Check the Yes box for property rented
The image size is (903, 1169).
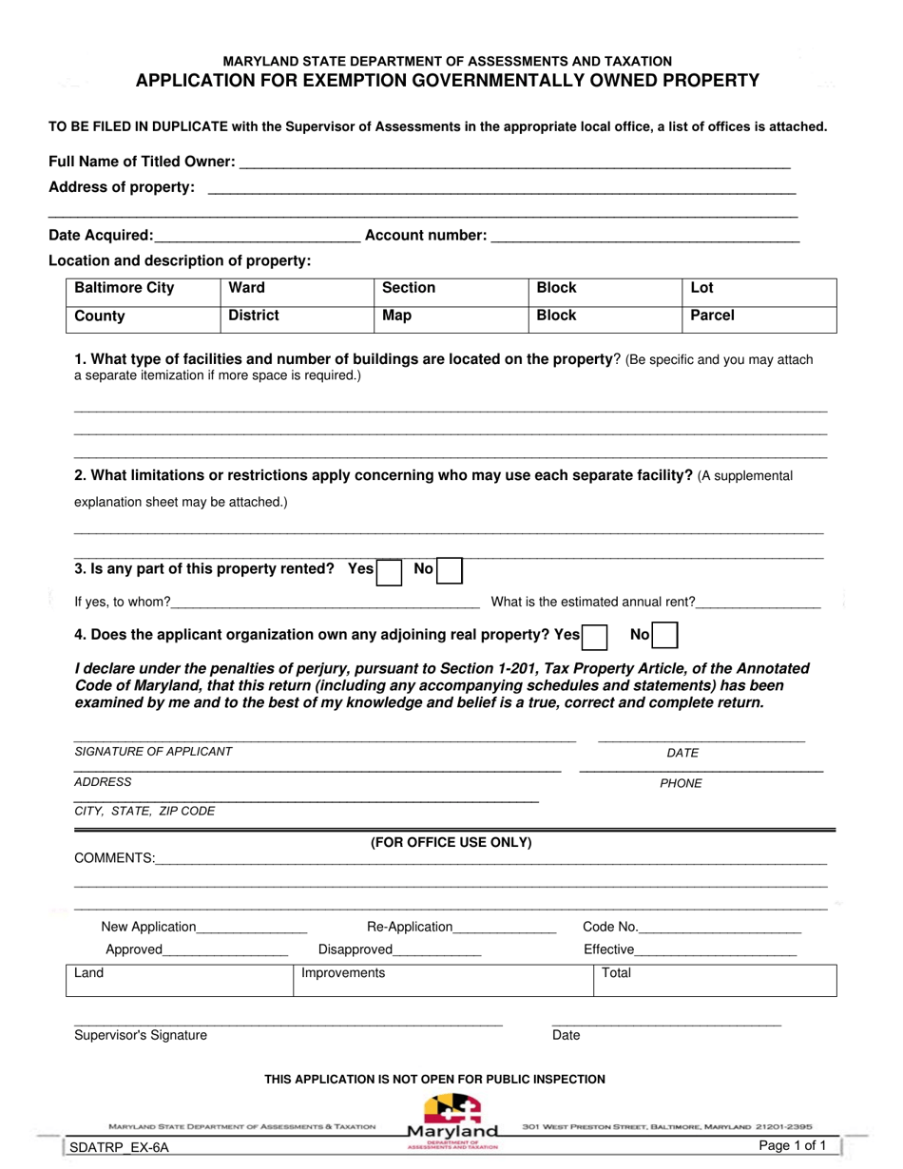pyautogui.click(x=389, y=571)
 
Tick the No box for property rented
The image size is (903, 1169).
pyautogui.click(x=450, y=571)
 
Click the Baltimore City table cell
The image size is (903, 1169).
pyautogui.click(x=143, y=289)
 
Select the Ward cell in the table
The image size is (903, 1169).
pyautogui.click(x=297, y=289)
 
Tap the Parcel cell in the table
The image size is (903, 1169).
pyautogui.click(x=759, y=316)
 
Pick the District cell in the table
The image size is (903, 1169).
pyautogui.click(x=297, y=316)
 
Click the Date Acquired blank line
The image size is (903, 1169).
pyautogui.click(x=257, y=237)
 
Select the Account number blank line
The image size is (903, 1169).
pyautogui.click(x=644, y=237)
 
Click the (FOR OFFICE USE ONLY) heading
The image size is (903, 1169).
pyautogui.click(x=451, y=843)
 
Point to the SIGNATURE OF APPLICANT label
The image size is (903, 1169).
pyautogui.click(x=153, y=752)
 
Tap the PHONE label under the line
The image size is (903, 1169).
pyautogui.click(x=681, y=784)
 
